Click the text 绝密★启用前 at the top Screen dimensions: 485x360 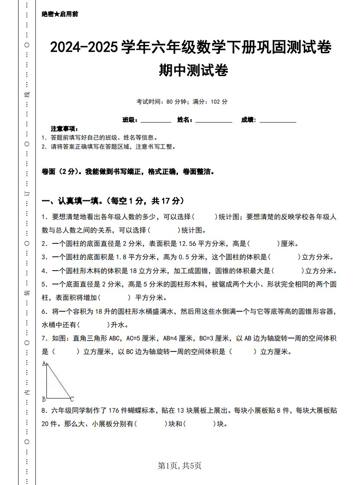pyautogui.click(x=60, y=14)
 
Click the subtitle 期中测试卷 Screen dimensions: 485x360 pyautogui.click(x=193, y=70)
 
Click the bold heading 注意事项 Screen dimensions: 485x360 pyautogui.click(x=64, y=129)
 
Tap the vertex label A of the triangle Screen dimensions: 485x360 pyautogui.click(x=44, y=364)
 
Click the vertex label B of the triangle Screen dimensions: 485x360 pyautogui.click(x=44, y=399)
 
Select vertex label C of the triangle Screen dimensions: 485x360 pyautogui.click(x=72, y=399)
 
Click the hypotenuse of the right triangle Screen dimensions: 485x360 pyautogui.click(x=59, y=381)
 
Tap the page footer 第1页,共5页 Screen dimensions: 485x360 pyautogui.click(x=180, y=466)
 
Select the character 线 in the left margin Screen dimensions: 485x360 pyautogui.click(x=27, y=94)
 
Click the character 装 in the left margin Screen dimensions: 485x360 pyautogui.click(x=27, y=293)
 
